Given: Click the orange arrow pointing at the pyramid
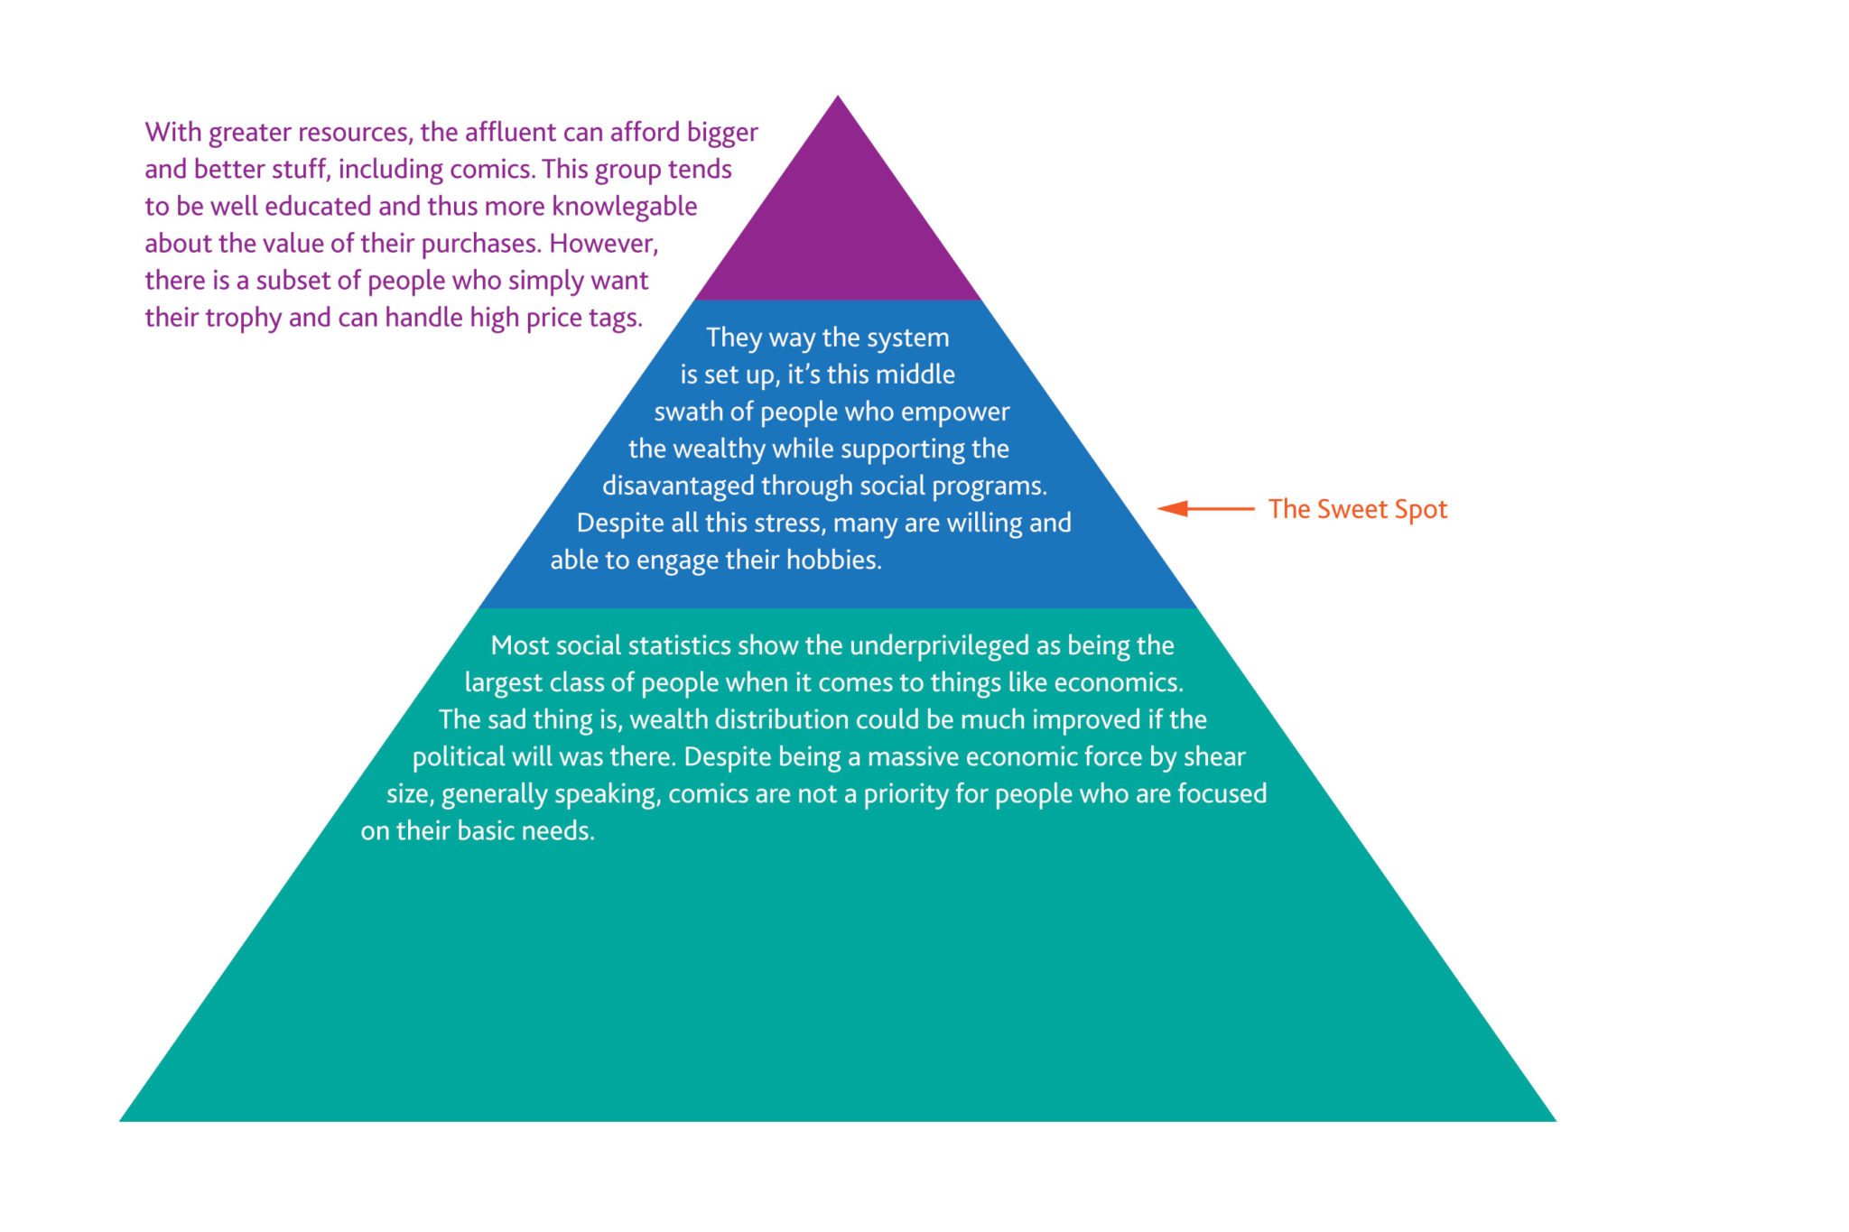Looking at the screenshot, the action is (1205, 509).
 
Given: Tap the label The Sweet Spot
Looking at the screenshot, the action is (1357, 509).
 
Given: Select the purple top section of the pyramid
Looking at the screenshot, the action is (838, 217).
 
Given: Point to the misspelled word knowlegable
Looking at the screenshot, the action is (625, 207).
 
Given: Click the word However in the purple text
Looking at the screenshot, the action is (604, 244).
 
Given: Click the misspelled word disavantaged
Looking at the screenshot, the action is (678, 486).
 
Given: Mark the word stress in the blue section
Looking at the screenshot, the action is (788, 523).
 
